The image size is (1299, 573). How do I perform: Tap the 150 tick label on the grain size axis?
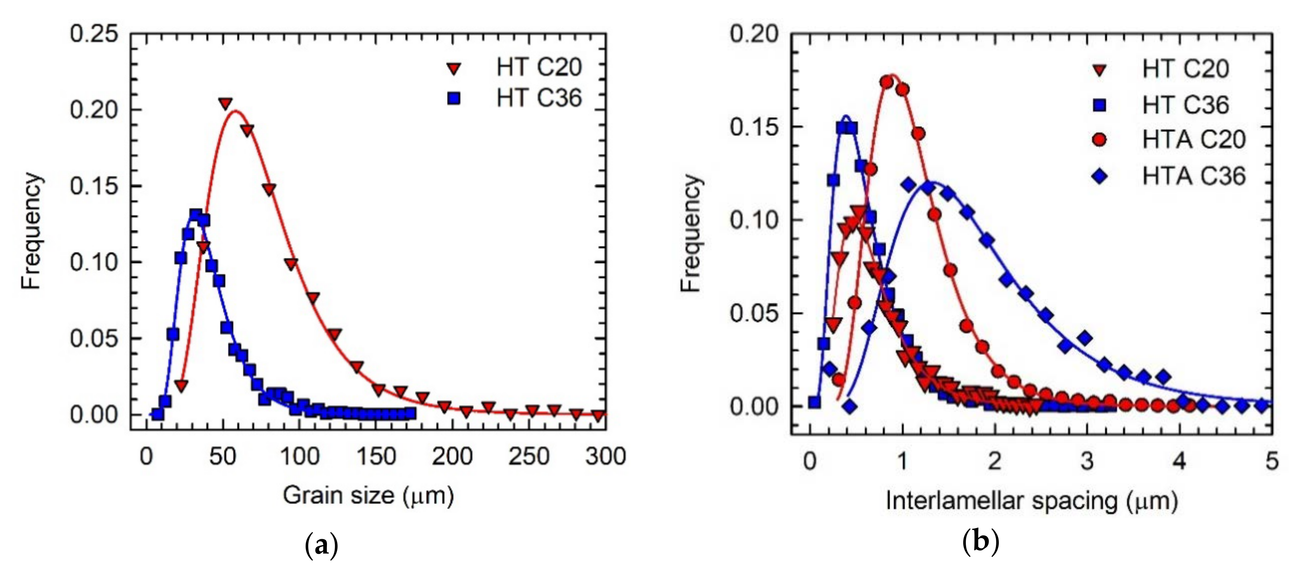[376, 457]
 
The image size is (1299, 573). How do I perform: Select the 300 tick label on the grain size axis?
[605, 457]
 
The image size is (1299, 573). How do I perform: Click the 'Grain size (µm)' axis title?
[368, 496]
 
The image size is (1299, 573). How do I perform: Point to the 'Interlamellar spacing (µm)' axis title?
[1032, 502]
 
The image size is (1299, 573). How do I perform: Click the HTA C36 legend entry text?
[1194, 176]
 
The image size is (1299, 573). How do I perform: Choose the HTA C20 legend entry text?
[1194, 139]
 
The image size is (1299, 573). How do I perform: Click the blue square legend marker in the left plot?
[454, 98]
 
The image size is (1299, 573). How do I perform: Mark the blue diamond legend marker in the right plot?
[1099, 177]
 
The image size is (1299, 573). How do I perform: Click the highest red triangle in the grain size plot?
[226, 104]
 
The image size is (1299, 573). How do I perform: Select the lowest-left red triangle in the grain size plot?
[181, 386]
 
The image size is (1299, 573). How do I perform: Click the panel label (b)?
[980, 542]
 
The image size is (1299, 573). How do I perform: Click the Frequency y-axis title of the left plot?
[31, 231]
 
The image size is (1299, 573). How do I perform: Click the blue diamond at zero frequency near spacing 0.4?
[850, 406]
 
